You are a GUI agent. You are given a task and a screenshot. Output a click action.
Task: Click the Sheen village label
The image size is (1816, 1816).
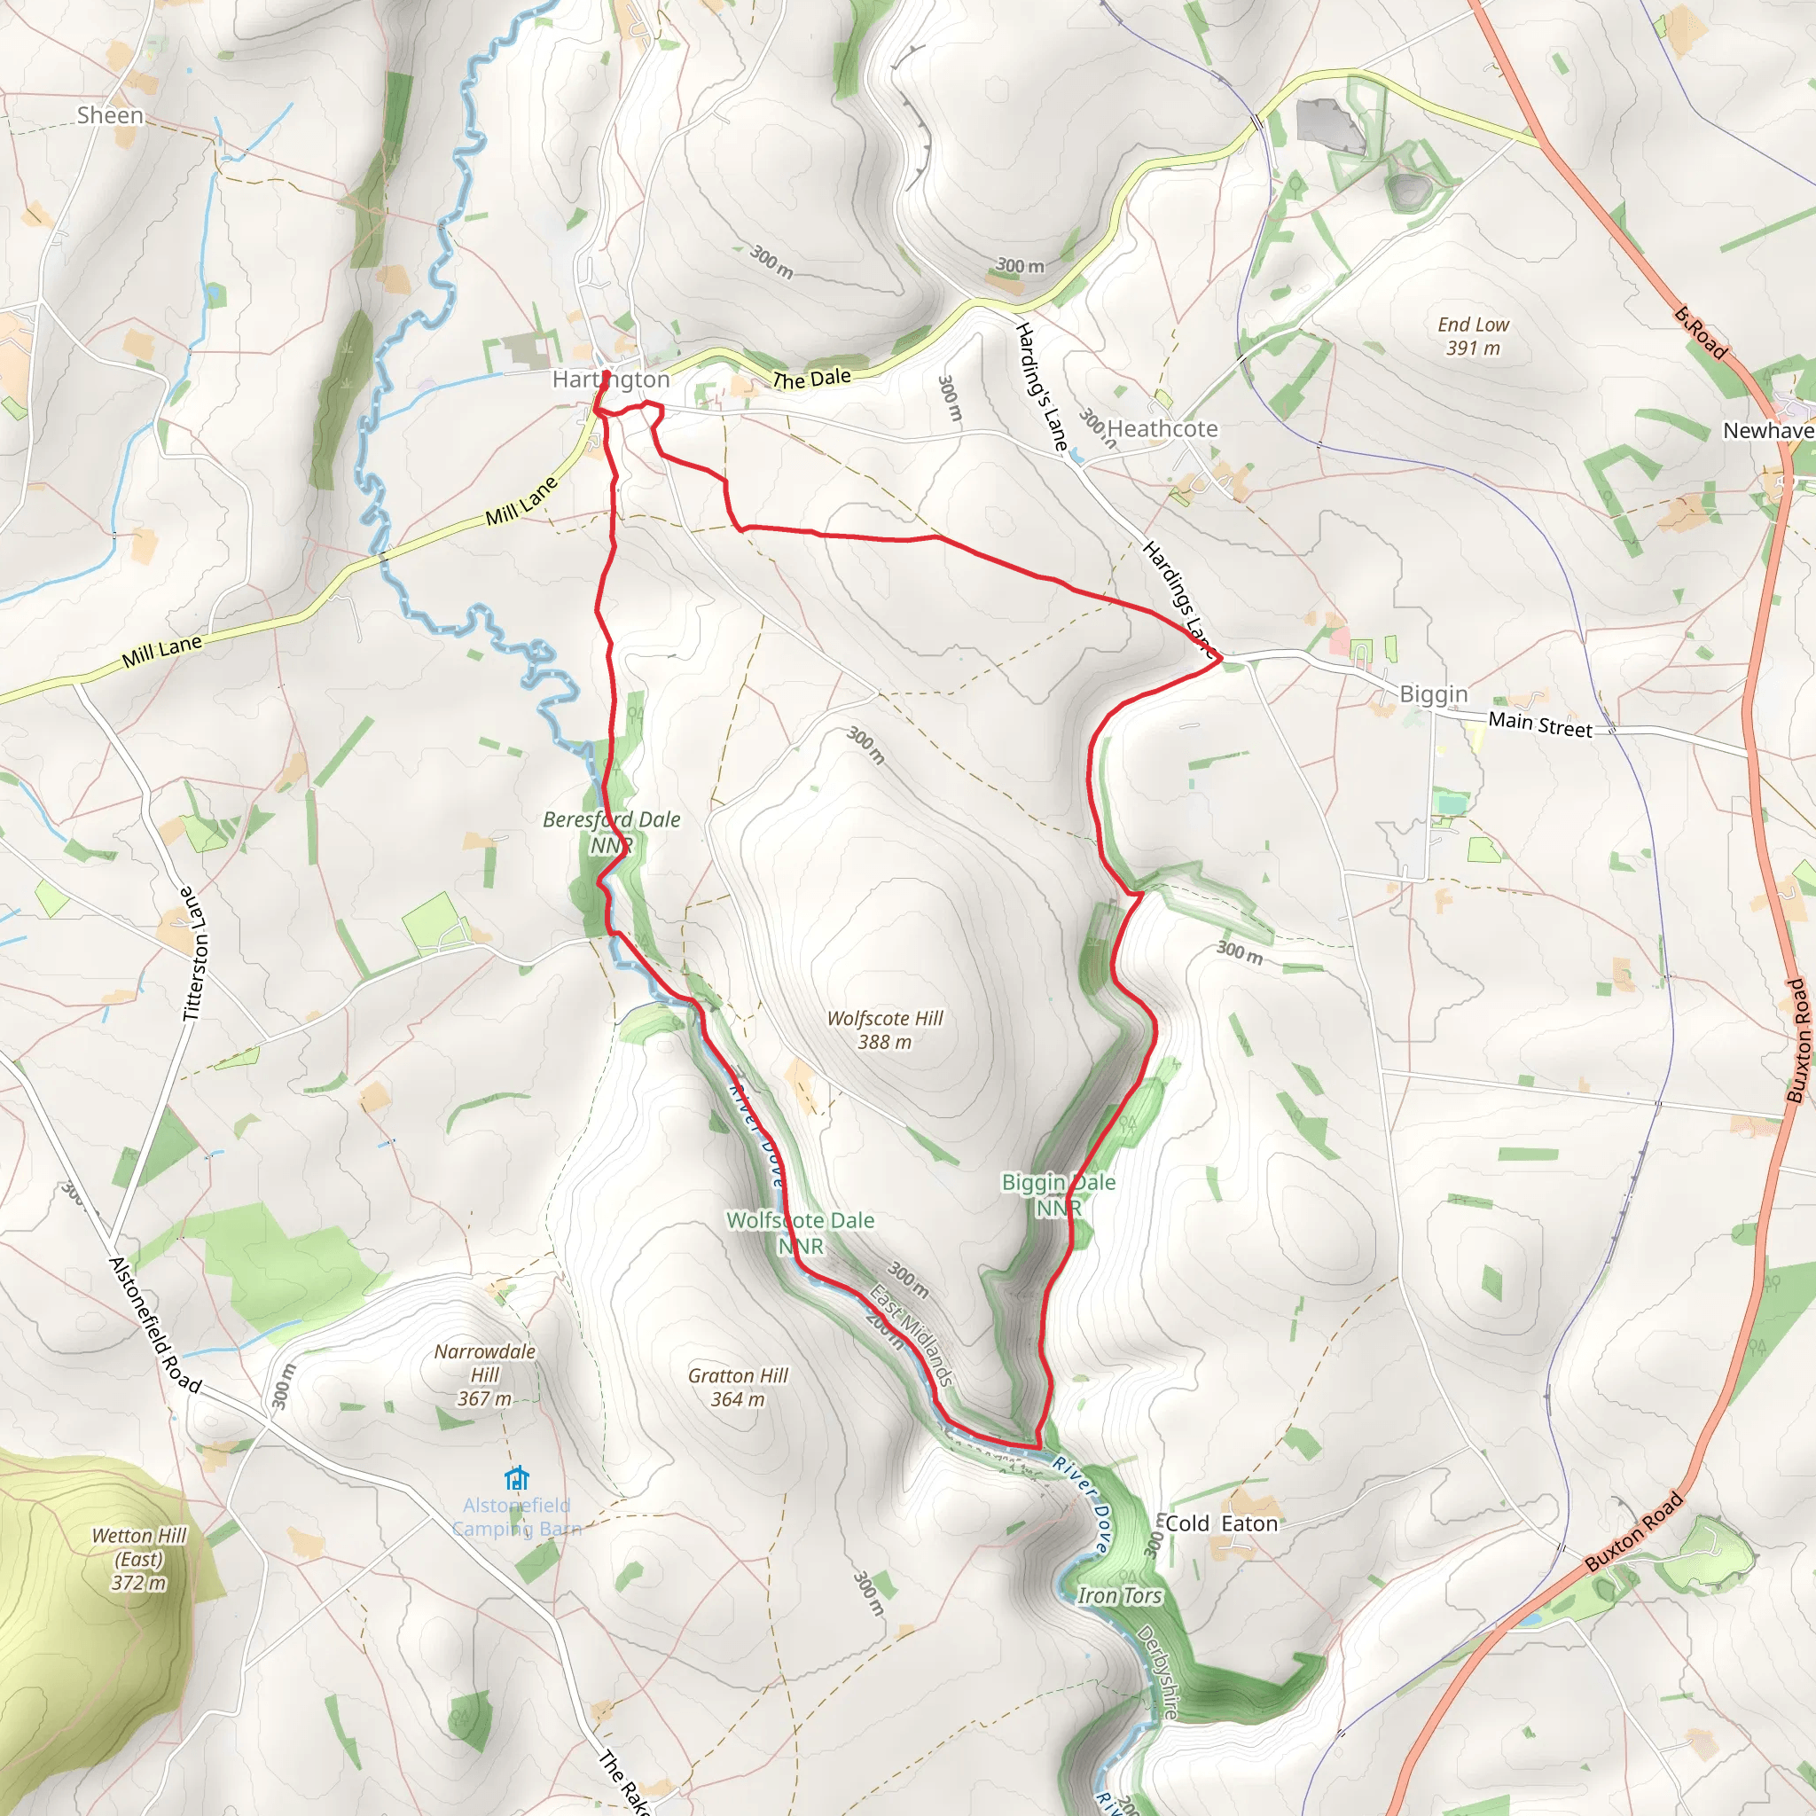click(110, 115)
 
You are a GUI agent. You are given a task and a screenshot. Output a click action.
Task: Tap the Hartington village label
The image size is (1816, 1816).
click(611, 380)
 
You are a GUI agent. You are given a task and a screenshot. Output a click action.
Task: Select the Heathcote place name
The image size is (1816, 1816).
click(1162, 429)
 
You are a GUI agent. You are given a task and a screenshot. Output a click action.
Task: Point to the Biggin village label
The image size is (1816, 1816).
click(1433, 694)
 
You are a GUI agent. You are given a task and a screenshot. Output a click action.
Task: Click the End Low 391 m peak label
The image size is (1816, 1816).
click(1473, 336)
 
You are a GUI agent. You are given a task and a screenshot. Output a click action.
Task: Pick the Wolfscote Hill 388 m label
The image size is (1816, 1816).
click(884, 1030)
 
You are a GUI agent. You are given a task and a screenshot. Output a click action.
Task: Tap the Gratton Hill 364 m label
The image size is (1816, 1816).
click(738, 1388)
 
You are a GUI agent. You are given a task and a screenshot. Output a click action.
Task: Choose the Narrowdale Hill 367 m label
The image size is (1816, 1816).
click(485, 1375)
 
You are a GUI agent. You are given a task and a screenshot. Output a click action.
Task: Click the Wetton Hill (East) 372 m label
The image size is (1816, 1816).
click(139, 1560)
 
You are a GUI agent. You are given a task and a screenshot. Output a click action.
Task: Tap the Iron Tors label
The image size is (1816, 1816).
click(1120, 1596)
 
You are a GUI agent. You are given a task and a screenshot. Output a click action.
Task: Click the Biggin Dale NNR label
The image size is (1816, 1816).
click(1059, 1194)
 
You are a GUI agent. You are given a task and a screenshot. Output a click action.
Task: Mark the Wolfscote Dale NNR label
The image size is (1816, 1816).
click(800, 1233)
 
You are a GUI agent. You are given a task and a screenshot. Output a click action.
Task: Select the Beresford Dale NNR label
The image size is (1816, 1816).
click(612, 832)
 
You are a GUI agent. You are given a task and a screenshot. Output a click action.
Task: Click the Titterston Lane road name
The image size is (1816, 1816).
click(192, 953)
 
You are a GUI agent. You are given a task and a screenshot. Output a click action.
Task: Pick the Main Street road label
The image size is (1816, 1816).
click(1539, 724)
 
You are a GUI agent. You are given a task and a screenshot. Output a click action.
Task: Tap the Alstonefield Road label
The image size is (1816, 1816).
click(156, 1326)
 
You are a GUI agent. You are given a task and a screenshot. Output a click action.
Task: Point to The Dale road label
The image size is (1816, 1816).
click(811, 379)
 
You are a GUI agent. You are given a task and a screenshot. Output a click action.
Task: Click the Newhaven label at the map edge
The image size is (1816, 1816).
click(1767, 432)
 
